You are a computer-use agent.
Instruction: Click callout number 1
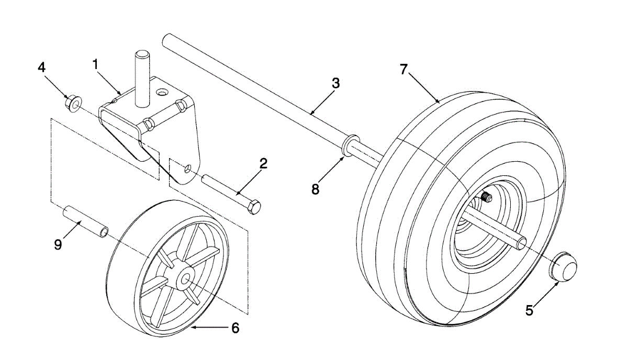click(95, 64)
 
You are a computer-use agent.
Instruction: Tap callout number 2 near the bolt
click(263, 164)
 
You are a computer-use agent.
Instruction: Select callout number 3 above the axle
click(335, 83)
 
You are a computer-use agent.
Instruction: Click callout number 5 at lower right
click(529, 310)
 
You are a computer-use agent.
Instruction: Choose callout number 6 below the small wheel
click(235, 328)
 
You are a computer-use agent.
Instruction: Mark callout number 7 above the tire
click(403, 69)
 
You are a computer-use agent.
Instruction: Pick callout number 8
click(315, 189)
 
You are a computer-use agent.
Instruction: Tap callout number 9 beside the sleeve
click(58, 244)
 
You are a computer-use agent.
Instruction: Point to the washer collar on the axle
click(350, 145)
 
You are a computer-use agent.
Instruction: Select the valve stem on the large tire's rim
click(486, 198)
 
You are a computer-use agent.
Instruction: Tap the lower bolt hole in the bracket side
click(187, 168)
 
